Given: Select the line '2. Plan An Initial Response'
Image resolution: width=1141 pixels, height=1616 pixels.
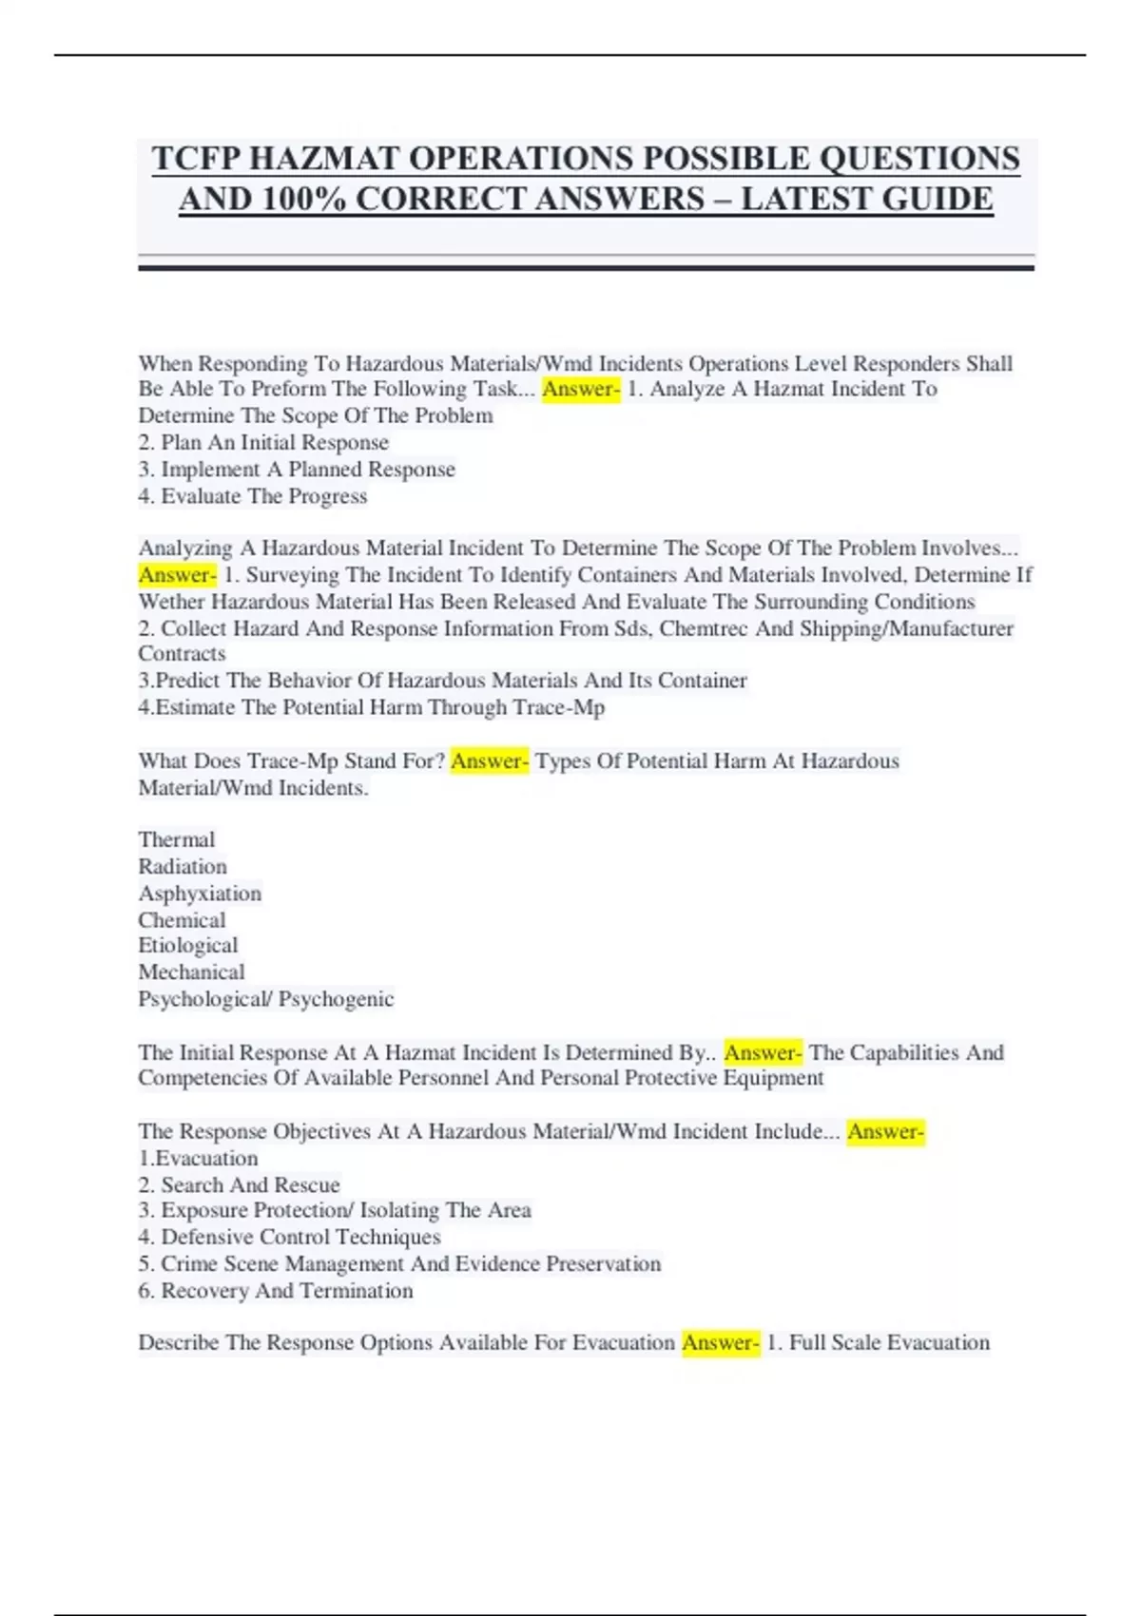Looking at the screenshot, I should click(263, 443).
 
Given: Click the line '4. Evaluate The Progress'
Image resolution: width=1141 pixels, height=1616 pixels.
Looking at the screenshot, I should click(252, 496).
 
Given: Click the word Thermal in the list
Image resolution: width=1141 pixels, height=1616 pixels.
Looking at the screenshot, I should click(177, 839).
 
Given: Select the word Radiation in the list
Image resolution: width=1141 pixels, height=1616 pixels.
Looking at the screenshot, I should click(183, 866).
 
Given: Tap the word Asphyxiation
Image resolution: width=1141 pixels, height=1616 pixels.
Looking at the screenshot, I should click(200, 894).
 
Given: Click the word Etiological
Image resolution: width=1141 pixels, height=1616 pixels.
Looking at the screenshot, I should click(188, 945).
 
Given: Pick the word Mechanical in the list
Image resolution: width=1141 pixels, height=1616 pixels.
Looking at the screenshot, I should click(191, 972).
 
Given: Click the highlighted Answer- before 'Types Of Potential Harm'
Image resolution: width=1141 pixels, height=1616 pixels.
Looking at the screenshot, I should click(489, 761).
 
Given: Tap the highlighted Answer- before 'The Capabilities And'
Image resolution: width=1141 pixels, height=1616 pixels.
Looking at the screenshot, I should click(763, 1053).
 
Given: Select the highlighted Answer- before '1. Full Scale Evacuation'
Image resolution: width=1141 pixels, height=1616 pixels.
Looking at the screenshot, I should click(721, 1343).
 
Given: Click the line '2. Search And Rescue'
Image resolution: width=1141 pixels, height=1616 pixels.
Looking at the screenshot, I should click(239, 1185).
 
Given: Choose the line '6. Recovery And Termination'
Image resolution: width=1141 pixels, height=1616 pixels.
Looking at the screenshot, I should click(276, 1291).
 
